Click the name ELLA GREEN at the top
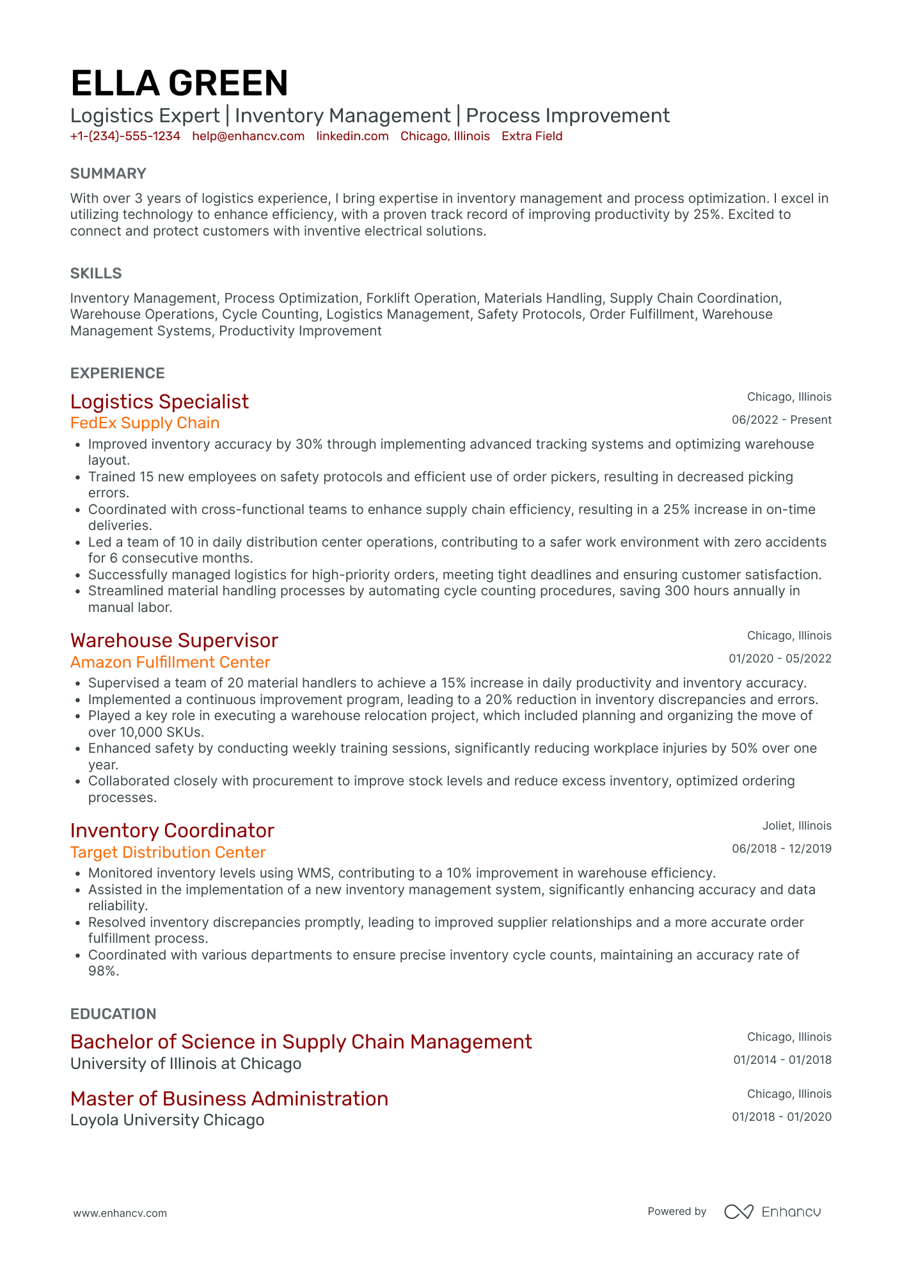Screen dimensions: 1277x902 [x=179, y=84]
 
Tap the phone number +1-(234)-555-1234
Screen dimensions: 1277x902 [x=125, y=136]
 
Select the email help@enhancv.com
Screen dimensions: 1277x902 [x=248, y=136]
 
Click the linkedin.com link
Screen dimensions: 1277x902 [x=352, y=136]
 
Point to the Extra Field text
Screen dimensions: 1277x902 [x=532, y=136]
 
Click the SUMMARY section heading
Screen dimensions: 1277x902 [x=108, y=173]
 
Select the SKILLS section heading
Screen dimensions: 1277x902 [x=96, y=273]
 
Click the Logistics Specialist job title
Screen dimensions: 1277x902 [x=159, y=402]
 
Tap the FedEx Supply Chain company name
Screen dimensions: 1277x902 [x=145, y=423]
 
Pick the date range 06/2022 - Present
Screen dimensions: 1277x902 [x=781, y=420]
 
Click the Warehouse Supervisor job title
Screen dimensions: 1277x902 [x=174, y=641]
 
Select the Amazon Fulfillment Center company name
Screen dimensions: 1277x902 [x=170, y=663]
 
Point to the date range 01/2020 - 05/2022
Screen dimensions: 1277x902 [x=780, y=659]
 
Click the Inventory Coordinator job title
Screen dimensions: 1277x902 [x=172, y=831]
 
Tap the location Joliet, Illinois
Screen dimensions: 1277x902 [x=796, y=826]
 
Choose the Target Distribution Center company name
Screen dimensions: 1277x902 [x=168, y=853]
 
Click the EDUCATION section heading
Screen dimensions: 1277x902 [x=113, y=1014]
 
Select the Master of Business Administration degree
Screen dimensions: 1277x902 [x=229, y=1099]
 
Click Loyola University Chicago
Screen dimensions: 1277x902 [x=167, y=1120]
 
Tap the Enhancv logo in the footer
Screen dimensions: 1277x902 [x=772, y=1212]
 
